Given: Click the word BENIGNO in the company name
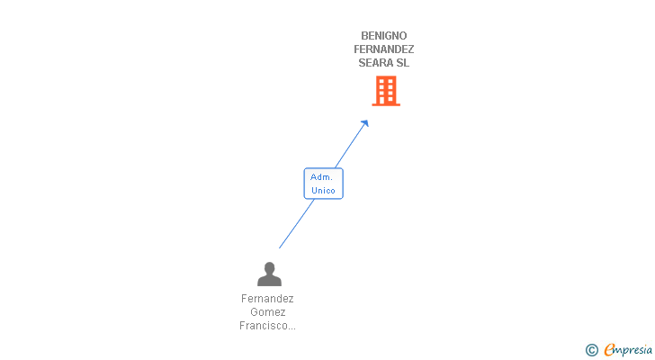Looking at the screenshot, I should tap(384, 36).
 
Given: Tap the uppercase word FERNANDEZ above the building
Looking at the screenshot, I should tap(384, 49).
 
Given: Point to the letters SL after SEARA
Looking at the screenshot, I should tap(402, 63).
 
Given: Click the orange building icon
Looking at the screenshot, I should tap(385, 91).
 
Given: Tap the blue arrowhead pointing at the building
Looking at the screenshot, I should tap(364, 124).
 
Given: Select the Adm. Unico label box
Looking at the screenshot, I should tap(323, 184).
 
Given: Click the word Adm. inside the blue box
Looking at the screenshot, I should tap(322, 177).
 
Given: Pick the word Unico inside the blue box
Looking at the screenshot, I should tap(323, 191).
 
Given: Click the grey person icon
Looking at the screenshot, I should tap(268, 274).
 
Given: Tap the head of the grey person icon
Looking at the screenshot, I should tap(268, 267).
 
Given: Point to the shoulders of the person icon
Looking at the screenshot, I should tap(268, 281).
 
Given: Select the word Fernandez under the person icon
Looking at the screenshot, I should tap(267, 299).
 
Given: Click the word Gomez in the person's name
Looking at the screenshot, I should tap(267, 312).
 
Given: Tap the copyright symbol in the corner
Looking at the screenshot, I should tap(592, 350).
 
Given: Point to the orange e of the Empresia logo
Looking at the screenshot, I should tap(609, 350).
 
